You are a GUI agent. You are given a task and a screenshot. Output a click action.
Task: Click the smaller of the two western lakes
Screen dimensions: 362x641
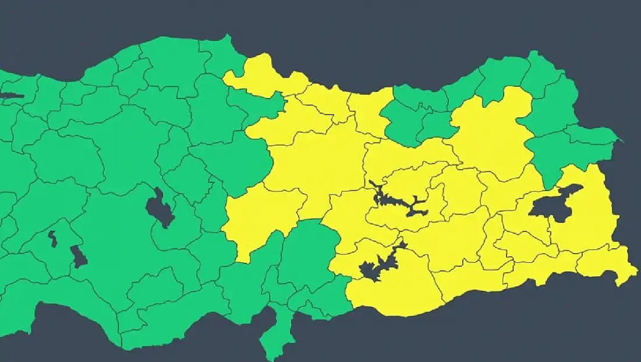coord(52,238)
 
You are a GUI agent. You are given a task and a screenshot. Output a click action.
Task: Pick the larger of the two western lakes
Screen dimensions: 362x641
coord(78,256)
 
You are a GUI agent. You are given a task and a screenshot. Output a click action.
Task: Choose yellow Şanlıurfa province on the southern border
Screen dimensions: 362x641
coord(396,291)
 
